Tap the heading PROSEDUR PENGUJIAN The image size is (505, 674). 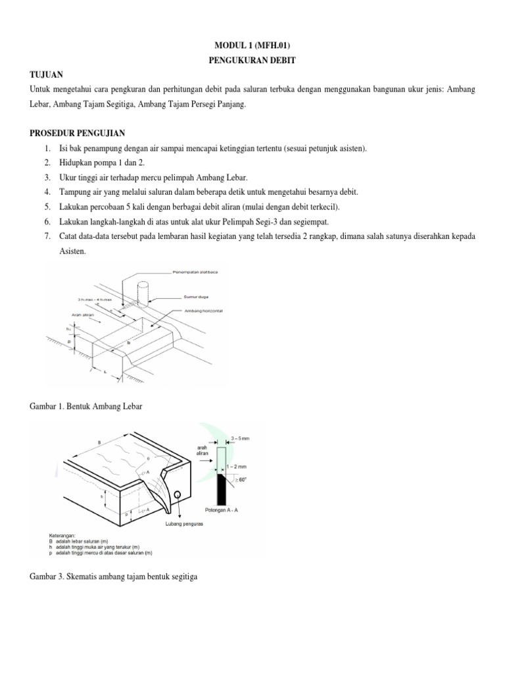82,134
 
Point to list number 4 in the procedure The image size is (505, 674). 47,192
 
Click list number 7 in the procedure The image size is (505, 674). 47,236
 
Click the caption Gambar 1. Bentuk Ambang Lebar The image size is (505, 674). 86,407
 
